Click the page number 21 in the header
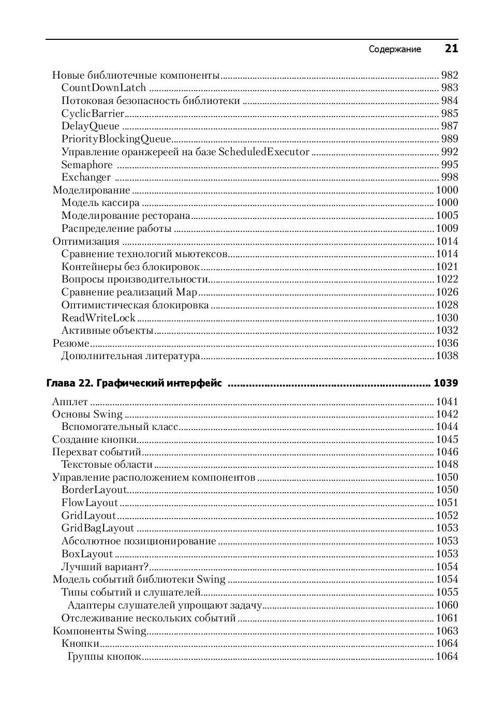(451, 49)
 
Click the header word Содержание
(395, 49)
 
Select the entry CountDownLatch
(103, 88)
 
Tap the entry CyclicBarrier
(93, 113)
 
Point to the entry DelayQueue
(90, 126)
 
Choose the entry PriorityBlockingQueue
(116, 139)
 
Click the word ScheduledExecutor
(264, 152)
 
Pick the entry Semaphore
(86, 165)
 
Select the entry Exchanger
(86, 177)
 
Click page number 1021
(447, 266)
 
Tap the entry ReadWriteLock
(98, 318)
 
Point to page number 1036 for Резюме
(447, 343)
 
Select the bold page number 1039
(446, 383)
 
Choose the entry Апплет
(70, 402)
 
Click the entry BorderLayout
(94, 490)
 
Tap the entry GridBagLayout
(97, 528)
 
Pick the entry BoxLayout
(87, 554)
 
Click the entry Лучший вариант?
(105, 567)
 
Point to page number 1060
(447, 605)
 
